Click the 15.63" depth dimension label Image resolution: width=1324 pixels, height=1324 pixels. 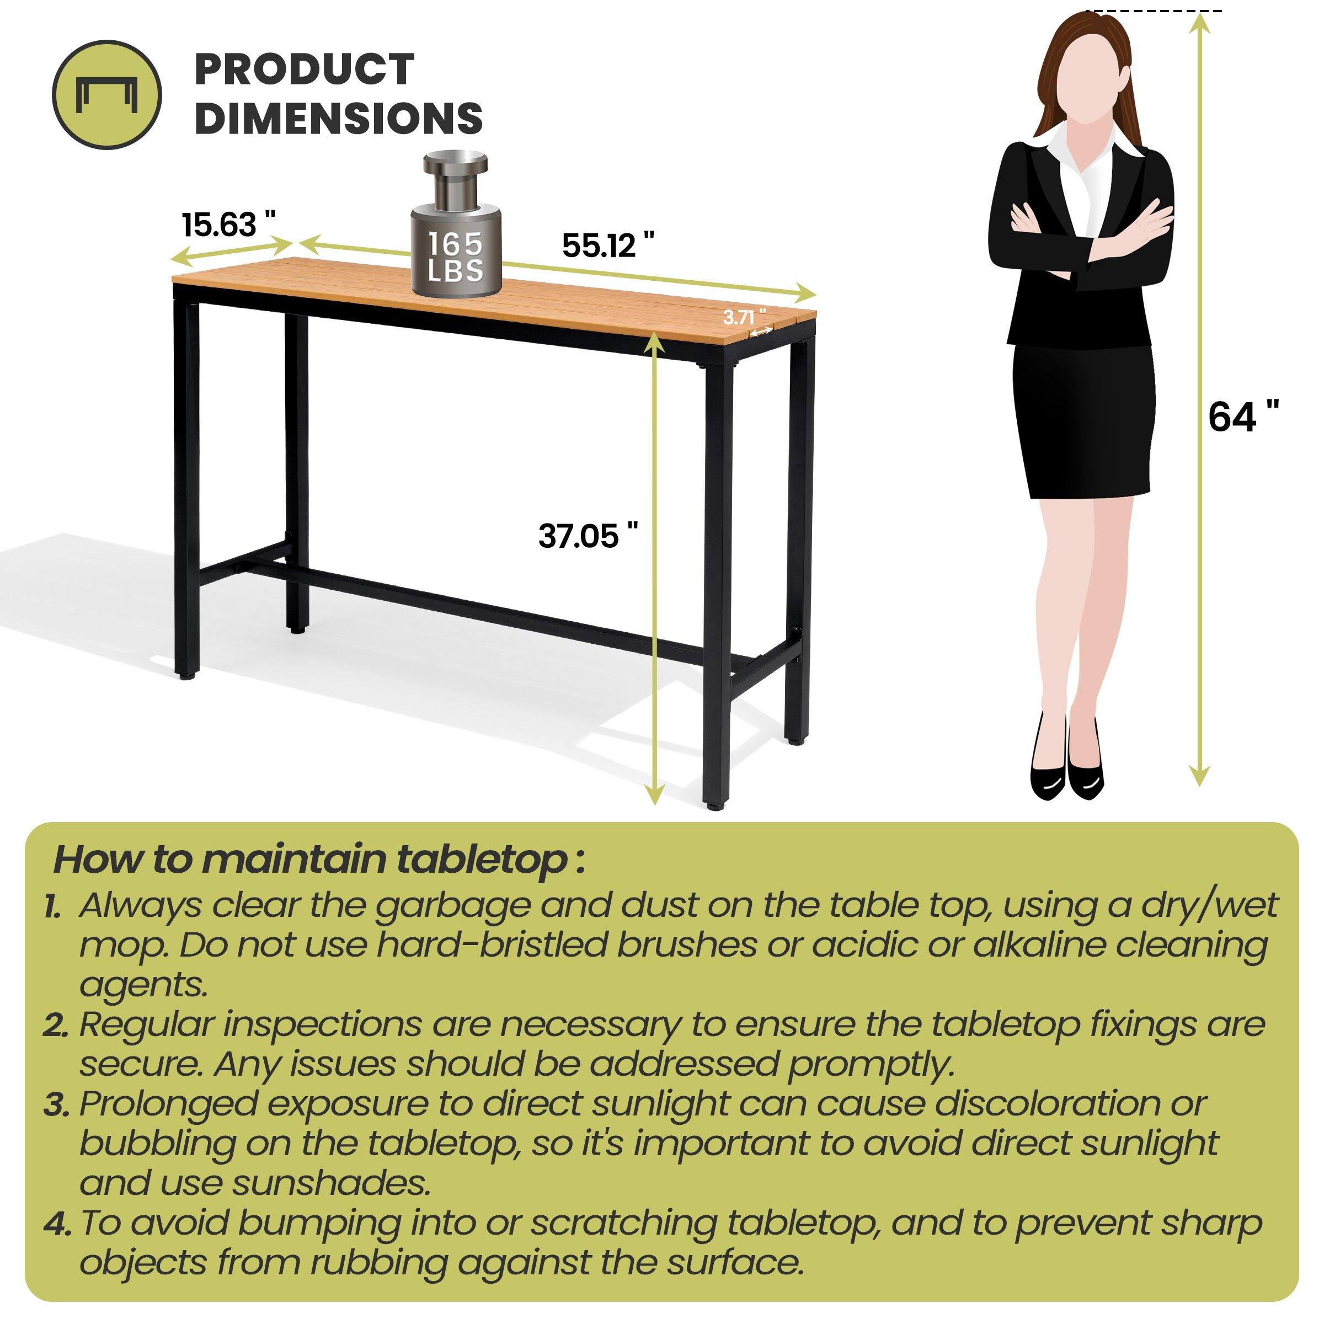pos(228,225)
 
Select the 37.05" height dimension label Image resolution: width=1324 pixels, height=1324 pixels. pos(588,536)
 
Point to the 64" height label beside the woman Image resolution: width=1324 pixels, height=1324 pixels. pos(1242,416)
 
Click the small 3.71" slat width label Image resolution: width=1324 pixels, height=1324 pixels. pos(744,317)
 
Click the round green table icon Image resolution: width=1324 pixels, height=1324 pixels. pos(107,94)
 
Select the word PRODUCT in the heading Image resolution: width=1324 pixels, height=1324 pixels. pos(305,70)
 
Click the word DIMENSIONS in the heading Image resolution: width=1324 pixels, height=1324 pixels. pos(339,119)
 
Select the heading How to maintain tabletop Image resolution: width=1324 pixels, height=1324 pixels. pos(319,859)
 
